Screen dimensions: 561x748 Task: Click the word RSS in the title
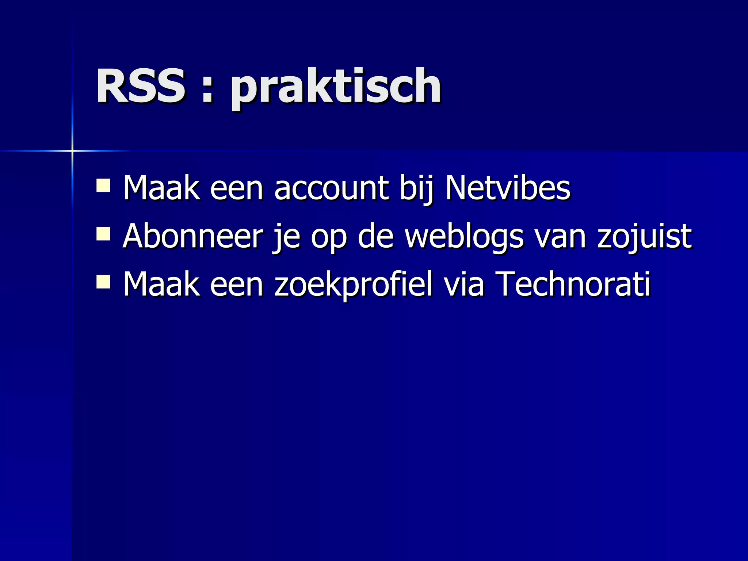[x=141, y=86]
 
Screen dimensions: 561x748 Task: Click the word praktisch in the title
[x=336, y=88]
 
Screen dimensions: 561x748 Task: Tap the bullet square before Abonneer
[x=103, y=234]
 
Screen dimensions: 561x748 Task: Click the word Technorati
[x=573, y=284]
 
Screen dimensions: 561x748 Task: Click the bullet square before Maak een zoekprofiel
[x=103, y=282]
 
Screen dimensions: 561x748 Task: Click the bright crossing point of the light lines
[x=72, y=150]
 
